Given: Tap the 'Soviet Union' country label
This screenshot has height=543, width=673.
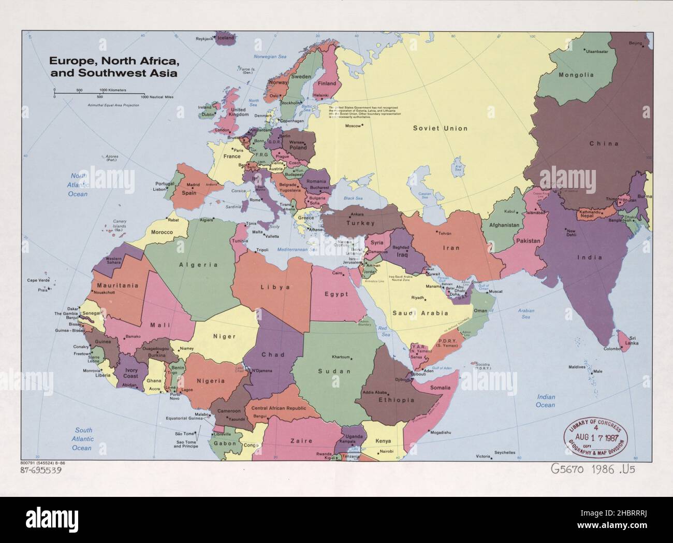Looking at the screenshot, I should click(x=440, y=128).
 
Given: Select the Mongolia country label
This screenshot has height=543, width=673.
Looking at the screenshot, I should click(x=576, y=75).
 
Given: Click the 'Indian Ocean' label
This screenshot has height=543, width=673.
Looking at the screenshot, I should click(x=545, y=401).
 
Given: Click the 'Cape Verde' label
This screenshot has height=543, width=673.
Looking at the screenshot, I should click(x=38, y=280).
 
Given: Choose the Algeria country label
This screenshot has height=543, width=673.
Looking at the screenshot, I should click(x=198, y=265).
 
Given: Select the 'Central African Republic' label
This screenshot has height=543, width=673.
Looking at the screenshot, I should click(x=279, y=408).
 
